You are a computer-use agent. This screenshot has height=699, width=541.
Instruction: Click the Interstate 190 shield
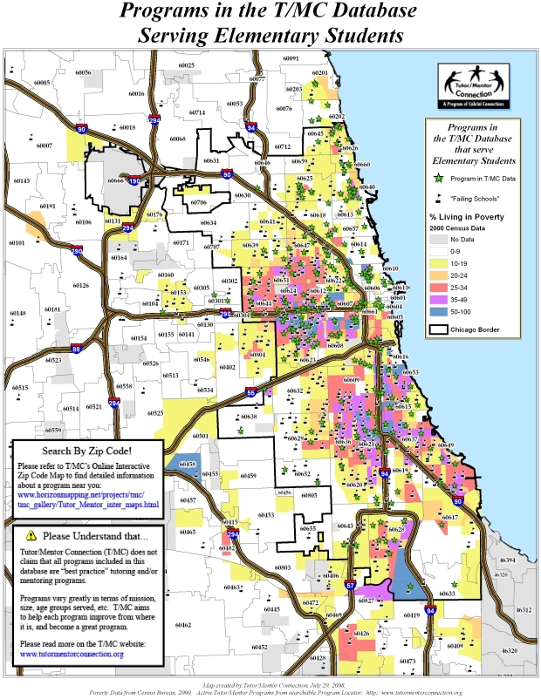[x=135, y=182]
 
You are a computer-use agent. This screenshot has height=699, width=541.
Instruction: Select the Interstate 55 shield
[x=251, y=393]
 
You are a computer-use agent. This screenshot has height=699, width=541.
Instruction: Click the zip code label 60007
[x=45, y=146]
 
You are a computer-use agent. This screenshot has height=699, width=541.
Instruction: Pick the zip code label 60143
[x=21, y=181]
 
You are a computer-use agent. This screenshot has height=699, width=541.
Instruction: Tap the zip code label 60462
[x=183, y=625]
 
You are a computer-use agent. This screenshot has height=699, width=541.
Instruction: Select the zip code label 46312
[x=524, y=610]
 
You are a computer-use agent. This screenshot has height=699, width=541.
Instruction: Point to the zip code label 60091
[x=291, y=58]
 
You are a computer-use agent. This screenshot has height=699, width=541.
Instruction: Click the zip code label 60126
[x=81, y=285]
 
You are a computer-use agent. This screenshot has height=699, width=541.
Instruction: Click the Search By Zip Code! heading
[x=87, y=451]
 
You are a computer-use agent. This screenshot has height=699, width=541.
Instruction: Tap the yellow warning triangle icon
[x=31, y=534]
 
